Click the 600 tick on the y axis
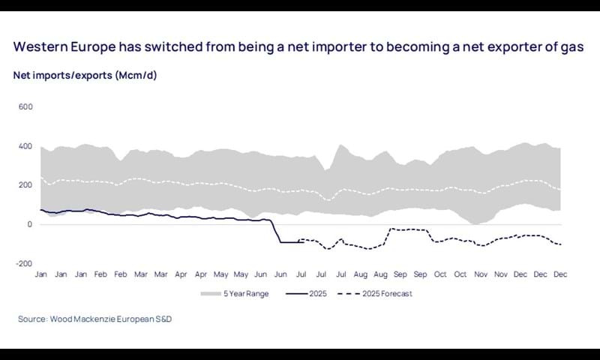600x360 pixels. point(25,106)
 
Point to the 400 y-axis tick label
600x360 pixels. point(25,145)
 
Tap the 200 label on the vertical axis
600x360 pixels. point(25,185)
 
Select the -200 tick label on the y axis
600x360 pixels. point(24,263)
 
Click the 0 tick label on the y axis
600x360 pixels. point(30,224)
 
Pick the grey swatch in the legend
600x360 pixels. point(211,293)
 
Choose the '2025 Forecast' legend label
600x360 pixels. point(388,293)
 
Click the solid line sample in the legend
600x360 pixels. point(298,293)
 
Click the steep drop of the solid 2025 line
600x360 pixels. point(275,232)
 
